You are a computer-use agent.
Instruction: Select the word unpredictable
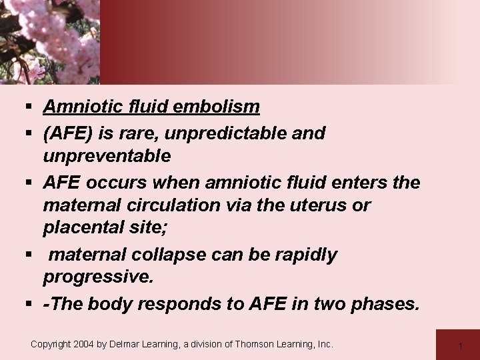click(x=231, y=133)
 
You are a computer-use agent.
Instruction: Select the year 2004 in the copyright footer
click(x=86, y=344)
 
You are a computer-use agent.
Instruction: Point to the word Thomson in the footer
click(x=253, y=344)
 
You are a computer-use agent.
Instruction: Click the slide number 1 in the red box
click(x=460, y=345)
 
